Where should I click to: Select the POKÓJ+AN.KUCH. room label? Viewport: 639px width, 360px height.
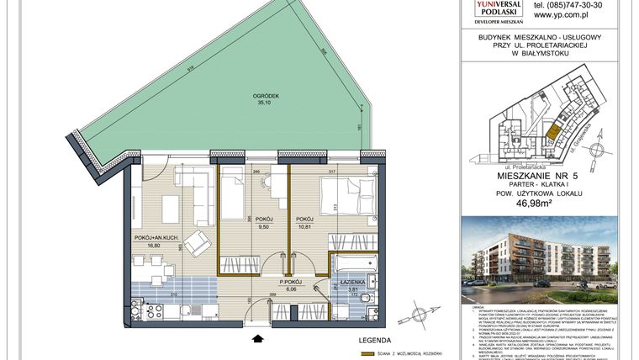(154, 238)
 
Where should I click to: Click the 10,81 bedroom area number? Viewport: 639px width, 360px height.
(304, 226)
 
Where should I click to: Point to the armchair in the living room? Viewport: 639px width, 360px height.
(197, 244)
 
